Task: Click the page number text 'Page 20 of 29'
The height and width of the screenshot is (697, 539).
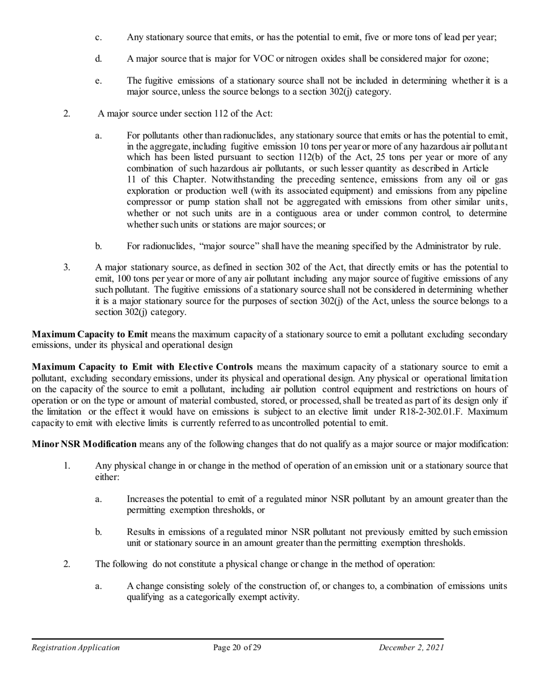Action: [x=237, y=648]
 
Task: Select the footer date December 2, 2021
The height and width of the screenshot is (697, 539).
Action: [x=411, y=648]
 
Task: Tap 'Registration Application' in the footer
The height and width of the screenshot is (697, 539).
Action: [x=75, y=648]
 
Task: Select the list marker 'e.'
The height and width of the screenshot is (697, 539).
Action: [x=98, y=80]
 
